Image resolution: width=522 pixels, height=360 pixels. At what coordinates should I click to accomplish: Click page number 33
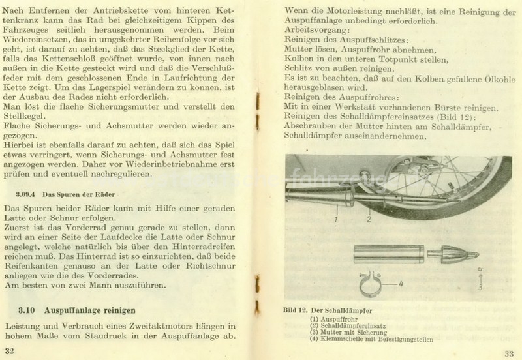tap(508, 353)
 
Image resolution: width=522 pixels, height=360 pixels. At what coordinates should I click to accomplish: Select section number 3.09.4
tap(25, 194)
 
